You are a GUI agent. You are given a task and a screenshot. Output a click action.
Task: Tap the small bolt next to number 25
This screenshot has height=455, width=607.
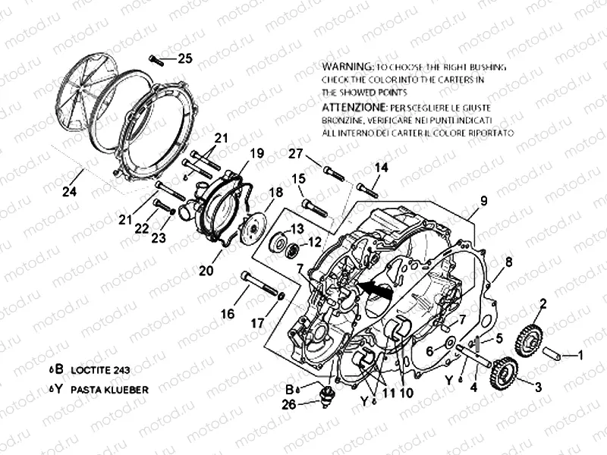[x=158, y=60]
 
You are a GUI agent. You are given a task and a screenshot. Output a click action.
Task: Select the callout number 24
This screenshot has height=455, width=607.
[x=69, y=191]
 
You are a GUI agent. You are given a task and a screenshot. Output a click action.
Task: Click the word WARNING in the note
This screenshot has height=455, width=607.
[x=347, y=67]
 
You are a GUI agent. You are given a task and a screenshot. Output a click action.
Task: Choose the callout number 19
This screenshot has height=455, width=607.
[x=256, y=153]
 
